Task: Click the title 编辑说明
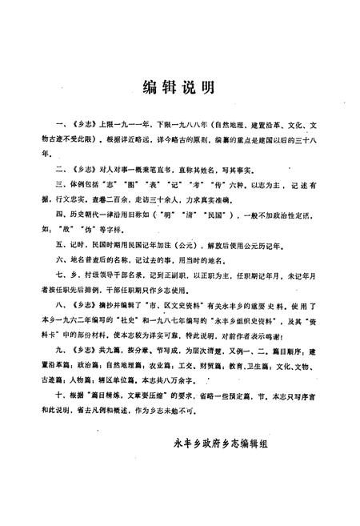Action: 178,87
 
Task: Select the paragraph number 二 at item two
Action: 59,171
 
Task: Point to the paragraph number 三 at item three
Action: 59,186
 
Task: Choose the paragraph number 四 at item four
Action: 59,216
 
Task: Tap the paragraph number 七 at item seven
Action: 59,279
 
